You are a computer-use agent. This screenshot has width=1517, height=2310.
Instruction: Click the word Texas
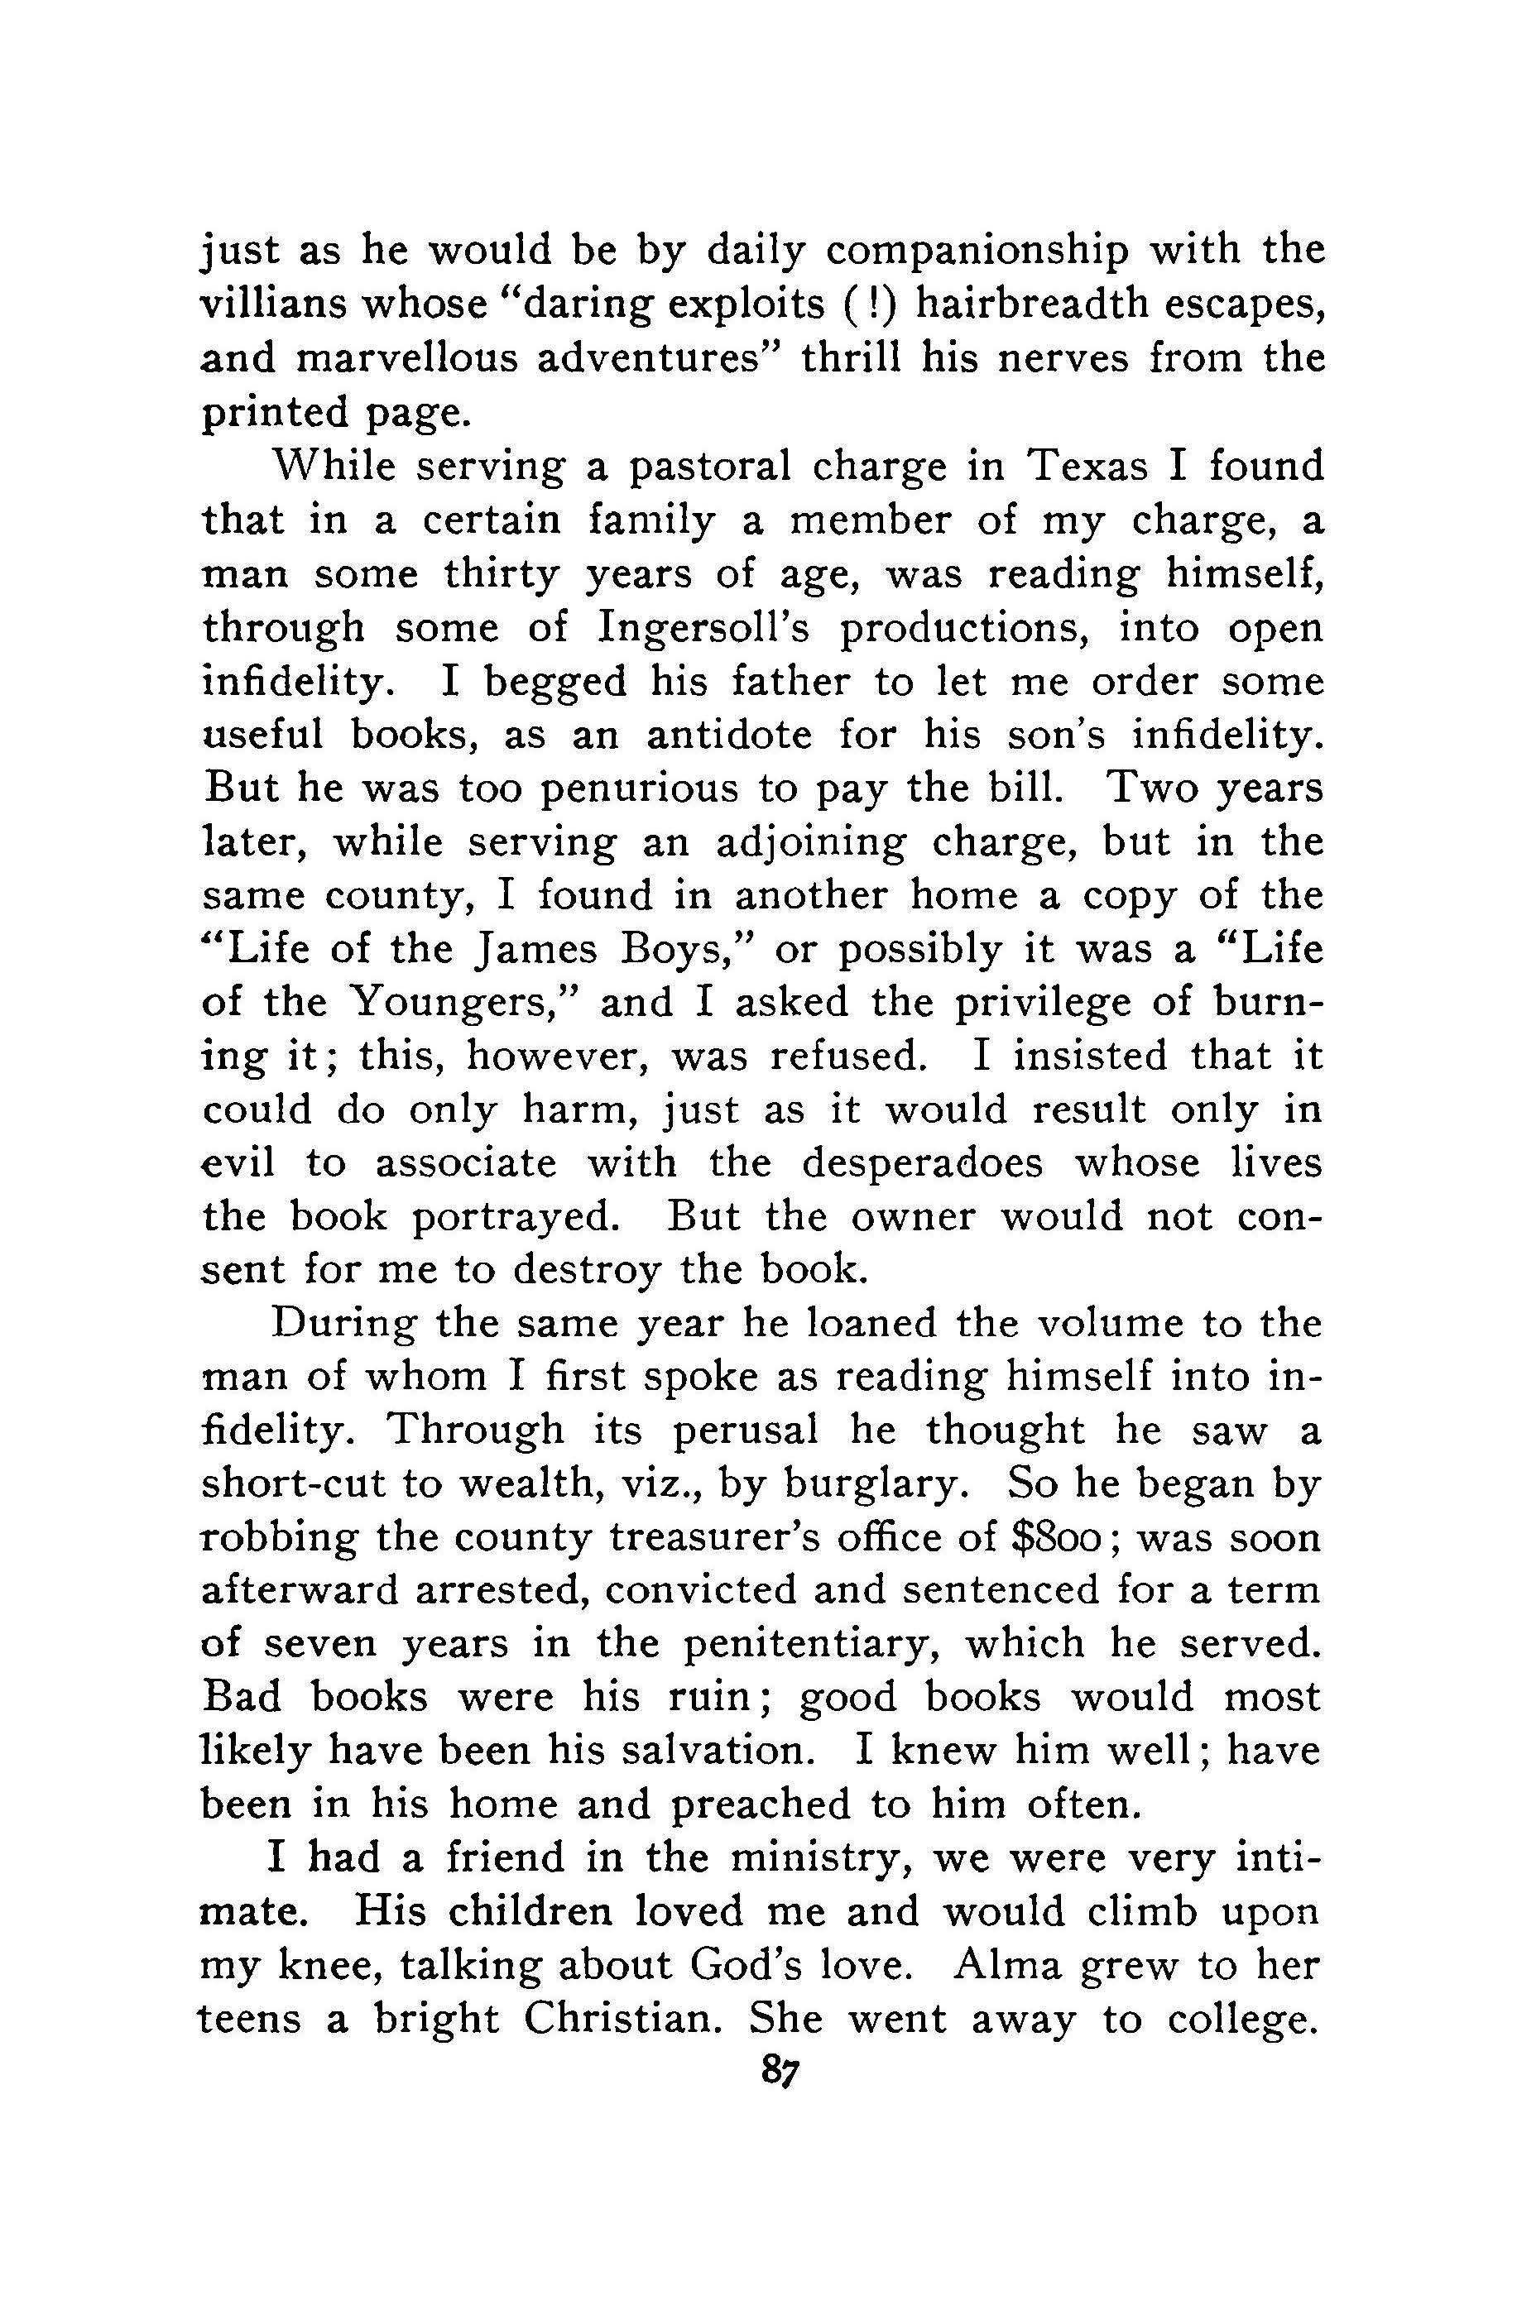pyautogui.click(x=1088, y=467)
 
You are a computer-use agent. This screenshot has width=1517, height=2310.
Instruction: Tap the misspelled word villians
pyautogui.click(x=267, y=304)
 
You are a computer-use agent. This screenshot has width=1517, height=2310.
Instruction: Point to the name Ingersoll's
pyautogui.click(x=708, y=628)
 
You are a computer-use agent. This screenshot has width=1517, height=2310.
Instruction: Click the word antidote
pyautogui.click(x=729, y=735)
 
